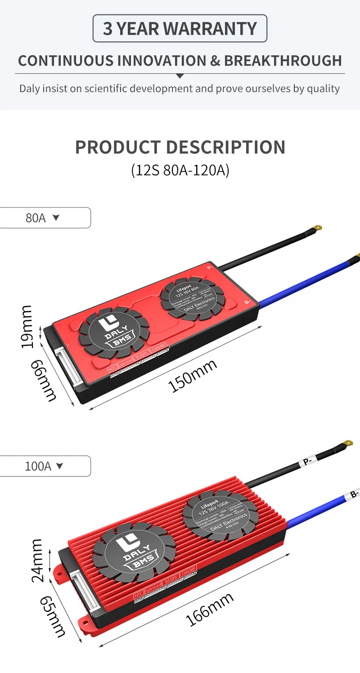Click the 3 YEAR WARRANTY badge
[x=180, y=28]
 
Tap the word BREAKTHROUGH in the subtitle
[x=283, y=61]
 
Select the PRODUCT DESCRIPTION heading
[x=180, y=147]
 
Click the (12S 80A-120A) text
[x=180, y=170]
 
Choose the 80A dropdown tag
[x=43, y=218]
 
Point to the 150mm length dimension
[x=193, y=376]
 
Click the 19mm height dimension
[x=27, y=326]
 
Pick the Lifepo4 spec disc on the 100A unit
[x=220, y=514]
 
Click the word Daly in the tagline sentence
[x=30, y=88]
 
